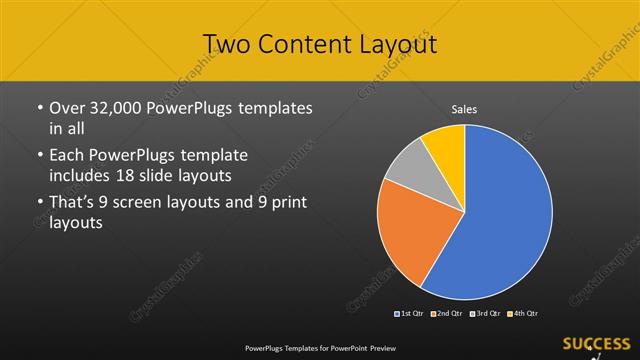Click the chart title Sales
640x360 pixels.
point(464,109)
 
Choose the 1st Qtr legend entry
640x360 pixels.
point(409,314)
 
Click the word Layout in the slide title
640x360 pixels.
point(400,44)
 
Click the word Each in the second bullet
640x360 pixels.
point(68,155)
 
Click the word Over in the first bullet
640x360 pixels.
point(67,107)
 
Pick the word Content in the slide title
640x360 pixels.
point(309,44)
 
